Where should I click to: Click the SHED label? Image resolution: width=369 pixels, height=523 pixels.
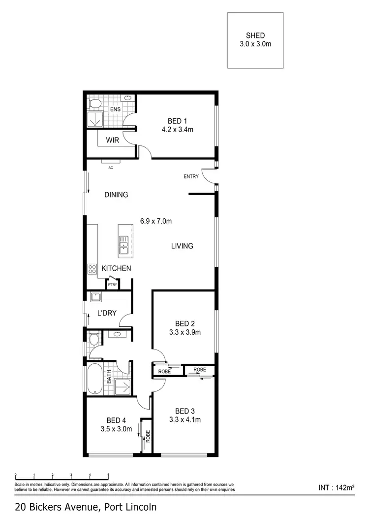click(x=255, y=35)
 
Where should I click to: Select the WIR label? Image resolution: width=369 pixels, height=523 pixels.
click(x=113, y=140)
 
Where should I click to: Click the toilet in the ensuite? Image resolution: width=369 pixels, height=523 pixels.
click(x=94, y=104)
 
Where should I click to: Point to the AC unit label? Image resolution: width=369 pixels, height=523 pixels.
click(x=111, y=168)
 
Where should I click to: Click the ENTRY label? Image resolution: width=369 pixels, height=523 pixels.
click(x=191, y=176)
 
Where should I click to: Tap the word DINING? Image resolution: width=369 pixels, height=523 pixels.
click(x=116, y=195)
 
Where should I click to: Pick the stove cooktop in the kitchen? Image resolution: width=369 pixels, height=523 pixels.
click(x=92, y=269)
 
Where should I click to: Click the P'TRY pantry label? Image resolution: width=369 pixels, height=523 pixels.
click(x=113, y=284)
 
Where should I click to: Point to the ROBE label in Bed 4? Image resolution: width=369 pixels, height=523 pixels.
click(x=147, y=436)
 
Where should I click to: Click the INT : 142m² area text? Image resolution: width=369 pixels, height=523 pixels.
click(x=337, y=488)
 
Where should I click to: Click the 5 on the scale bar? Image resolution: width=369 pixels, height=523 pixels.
click(x=108, y=476)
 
